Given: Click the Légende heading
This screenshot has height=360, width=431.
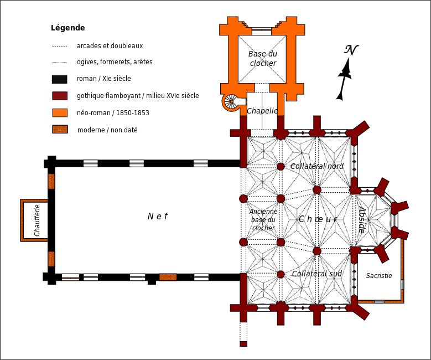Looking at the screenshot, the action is point(68,28).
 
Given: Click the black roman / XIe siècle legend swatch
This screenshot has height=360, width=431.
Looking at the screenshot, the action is point(60,79).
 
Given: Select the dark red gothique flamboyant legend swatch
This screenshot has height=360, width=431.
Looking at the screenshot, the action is point(60,96).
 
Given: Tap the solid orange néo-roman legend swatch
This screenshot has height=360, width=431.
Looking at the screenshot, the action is point(60,113).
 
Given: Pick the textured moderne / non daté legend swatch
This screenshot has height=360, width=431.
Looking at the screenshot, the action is point(60,130).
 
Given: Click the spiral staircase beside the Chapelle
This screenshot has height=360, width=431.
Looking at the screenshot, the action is point(231,101).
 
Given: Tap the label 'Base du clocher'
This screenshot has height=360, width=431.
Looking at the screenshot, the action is point(263,58).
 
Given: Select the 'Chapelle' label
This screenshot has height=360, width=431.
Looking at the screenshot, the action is point(262,111).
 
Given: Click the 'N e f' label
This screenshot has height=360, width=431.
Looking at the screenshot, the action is point(158,217).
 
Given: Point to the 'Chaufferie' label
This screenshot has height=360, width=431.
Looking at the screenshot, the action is point(37,220).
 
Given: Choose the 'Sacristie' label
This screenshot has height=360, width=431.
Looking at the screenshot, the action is point(379,275).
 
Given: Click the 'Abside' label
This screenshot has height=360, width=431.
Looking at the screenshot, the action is point(362,220).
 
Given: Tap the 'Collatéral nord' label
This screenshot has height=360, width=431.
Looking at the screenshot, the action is point(317,166).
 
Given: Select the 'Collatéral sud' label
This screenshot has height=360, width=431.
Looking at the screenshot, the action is point(317,274).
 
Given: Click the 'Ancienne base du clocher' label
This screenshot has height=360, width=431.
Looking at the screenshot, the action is point(263,220).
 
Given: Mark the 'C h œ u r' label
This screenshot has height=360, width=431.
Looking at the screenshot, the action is point(318,219).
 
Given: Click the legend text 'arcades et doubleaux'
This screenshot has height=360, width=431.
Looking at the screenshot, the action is point(110,45).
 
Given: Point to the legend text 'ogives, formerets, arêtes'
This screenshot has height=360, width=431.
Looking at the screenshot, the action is point(115,62).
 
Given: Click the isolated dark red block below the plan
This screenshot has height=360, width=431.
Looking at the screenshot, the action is point(243,344).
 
